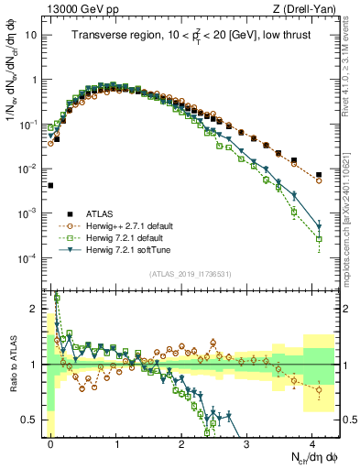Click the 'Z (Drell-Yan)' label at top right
coord(305,9)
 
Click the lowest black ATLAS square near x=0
coord(50,185)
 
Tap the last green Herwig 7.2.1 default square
coord(319,239)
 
